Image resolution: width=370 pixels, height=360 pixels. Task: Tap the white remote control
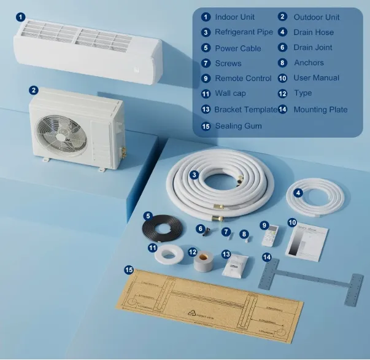point(269,237)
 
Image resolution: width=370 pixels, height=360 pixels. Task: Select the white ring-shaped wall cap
point(166,254)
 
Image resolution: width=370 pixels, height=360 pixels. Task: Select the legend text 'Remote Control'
point(243,79)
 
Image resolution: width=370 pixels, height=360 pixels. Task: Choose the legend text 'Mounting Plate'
point(320,110)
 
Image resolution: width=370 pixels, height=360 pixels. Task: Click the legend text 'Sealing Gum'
point(238,126)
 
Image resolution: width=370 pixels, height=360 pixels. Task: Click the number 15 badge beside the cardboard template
point(128,270)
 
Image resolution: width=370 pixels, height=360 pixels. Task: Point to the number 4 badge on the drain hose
point(298,192)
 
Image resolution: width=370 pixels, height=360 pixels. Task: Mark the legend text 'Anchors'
point(309,63)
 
